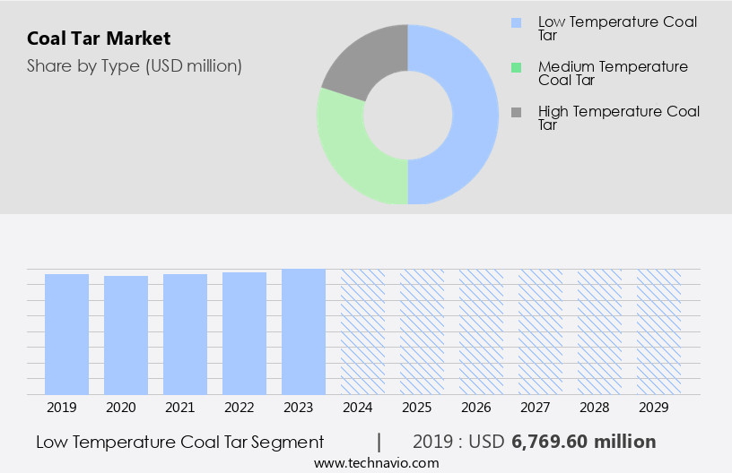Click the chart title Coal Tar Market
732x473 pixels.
99,39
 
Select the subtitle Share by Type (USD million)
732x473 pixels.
135,65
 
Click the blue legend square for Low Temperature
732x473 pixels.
516,22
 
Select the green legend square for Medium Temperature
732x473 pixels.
516,67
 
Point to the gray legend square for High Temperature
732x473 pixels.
516,112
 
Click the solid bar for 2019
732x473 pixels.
66,334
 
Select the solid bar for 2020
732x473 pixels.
126,335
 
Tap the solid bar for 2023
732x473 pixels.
303,331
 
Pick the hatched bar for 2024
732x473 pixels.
362,331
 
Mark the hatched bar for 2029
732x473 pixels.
658,331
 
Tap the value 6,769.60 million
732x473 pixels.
584,442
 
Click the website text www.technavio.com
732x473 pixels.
377,462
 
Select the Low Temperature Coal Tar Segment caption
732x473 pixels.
180,442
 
